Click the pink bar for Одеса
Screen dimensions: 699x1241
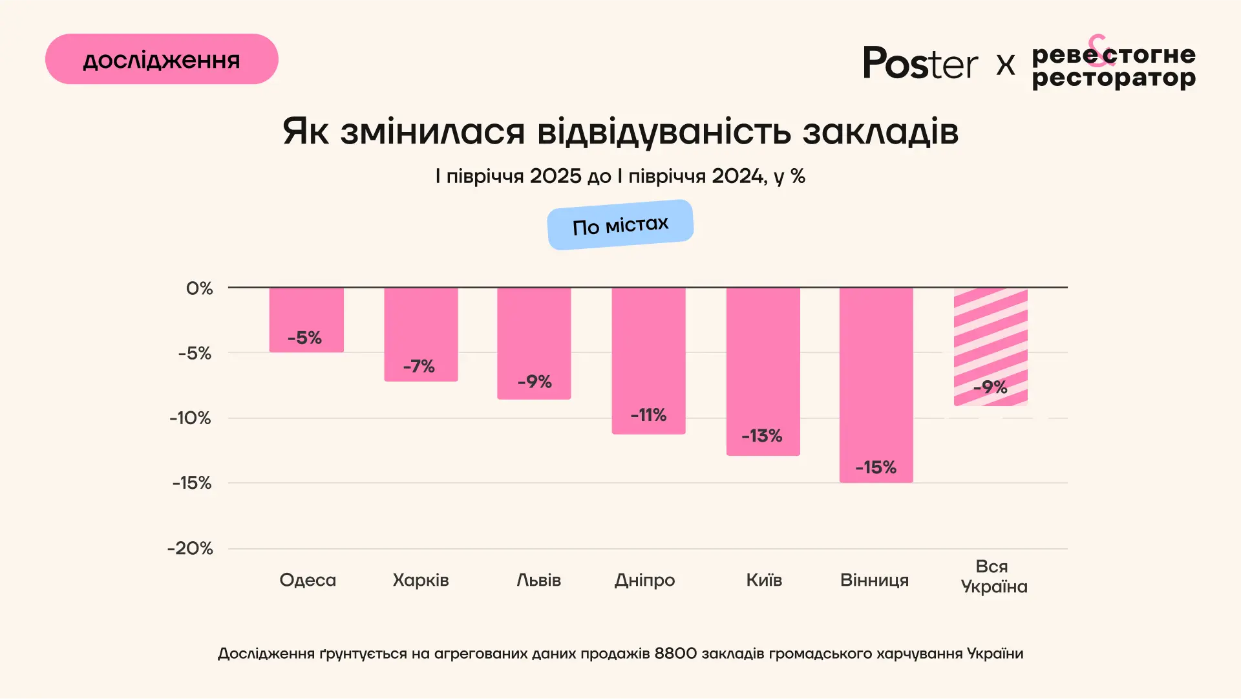pos(306,319)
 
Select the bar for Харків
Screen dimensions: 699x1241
pos(421,334)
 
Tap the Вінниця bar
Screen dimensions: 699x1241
pos(876,385)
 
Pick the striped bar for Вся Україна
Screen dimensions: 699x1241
pos(990,347)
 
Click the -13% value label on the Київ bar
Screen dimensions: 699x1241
pos(762,436)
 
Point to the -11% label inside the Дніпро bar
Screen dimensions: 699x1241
pos(648,415)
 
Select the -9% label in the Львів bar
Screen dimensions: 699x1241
pos(535,382)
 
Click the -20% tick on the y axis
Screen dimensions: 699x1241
pos(190,548)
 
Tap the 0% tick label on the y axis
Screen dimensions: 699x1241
pos(199,288)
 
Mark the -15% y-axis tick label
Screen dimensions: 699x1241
pos(192,483)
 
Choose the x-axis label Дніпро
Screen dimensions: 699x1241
pos(644,580)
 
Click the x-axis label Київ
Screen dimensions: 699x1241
pos(764,580)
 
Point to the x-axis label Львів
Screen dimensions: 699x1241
pos(538,580)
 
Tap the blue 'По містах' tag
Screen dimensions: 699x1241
pos(620,224)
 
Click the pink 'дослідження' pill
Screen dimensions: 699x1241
pos(162,59)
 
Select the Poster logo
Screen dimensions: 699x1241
pos(920,63)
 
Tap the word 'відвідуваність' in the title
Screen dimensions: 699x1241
pos(664,131)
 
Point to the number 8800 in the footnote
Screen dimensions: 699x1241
pos(675,654)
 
